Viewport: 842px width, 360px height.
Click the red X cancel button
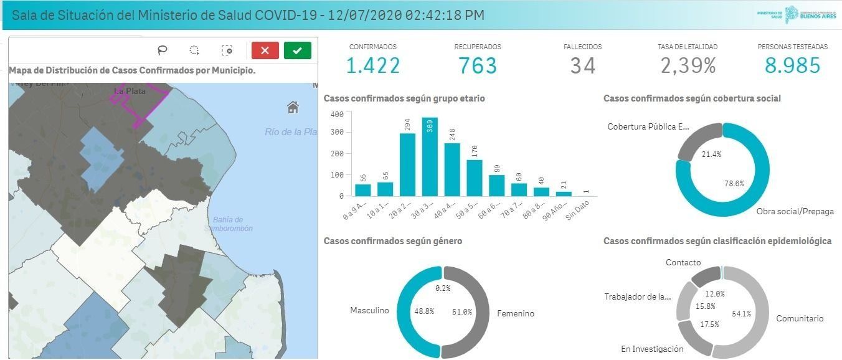265,50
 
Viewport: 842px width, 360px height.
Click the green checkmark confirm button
297,50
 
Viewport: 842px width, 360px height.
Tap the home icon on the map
293,108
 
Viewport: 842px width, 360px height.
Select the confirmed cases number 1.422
372,65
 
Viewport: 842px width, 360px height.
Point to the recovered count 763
478,65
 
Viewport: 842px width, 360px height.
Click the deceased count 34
582,65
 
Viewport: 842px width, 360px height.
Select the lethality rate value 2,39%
688,65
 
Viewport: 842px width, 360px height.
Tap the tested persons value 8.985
792,65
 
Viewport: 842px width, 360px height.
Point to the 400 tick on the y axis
337,115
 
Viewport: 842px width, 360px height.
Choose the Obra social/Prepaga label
795,212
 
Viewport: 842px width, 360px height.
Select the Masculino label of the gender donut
369,310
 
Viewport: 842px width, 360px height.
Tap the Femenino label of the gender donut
515,313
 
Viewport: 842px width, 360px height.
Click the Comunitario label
799,318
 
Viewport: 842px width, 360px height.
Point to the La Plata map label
130,91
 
